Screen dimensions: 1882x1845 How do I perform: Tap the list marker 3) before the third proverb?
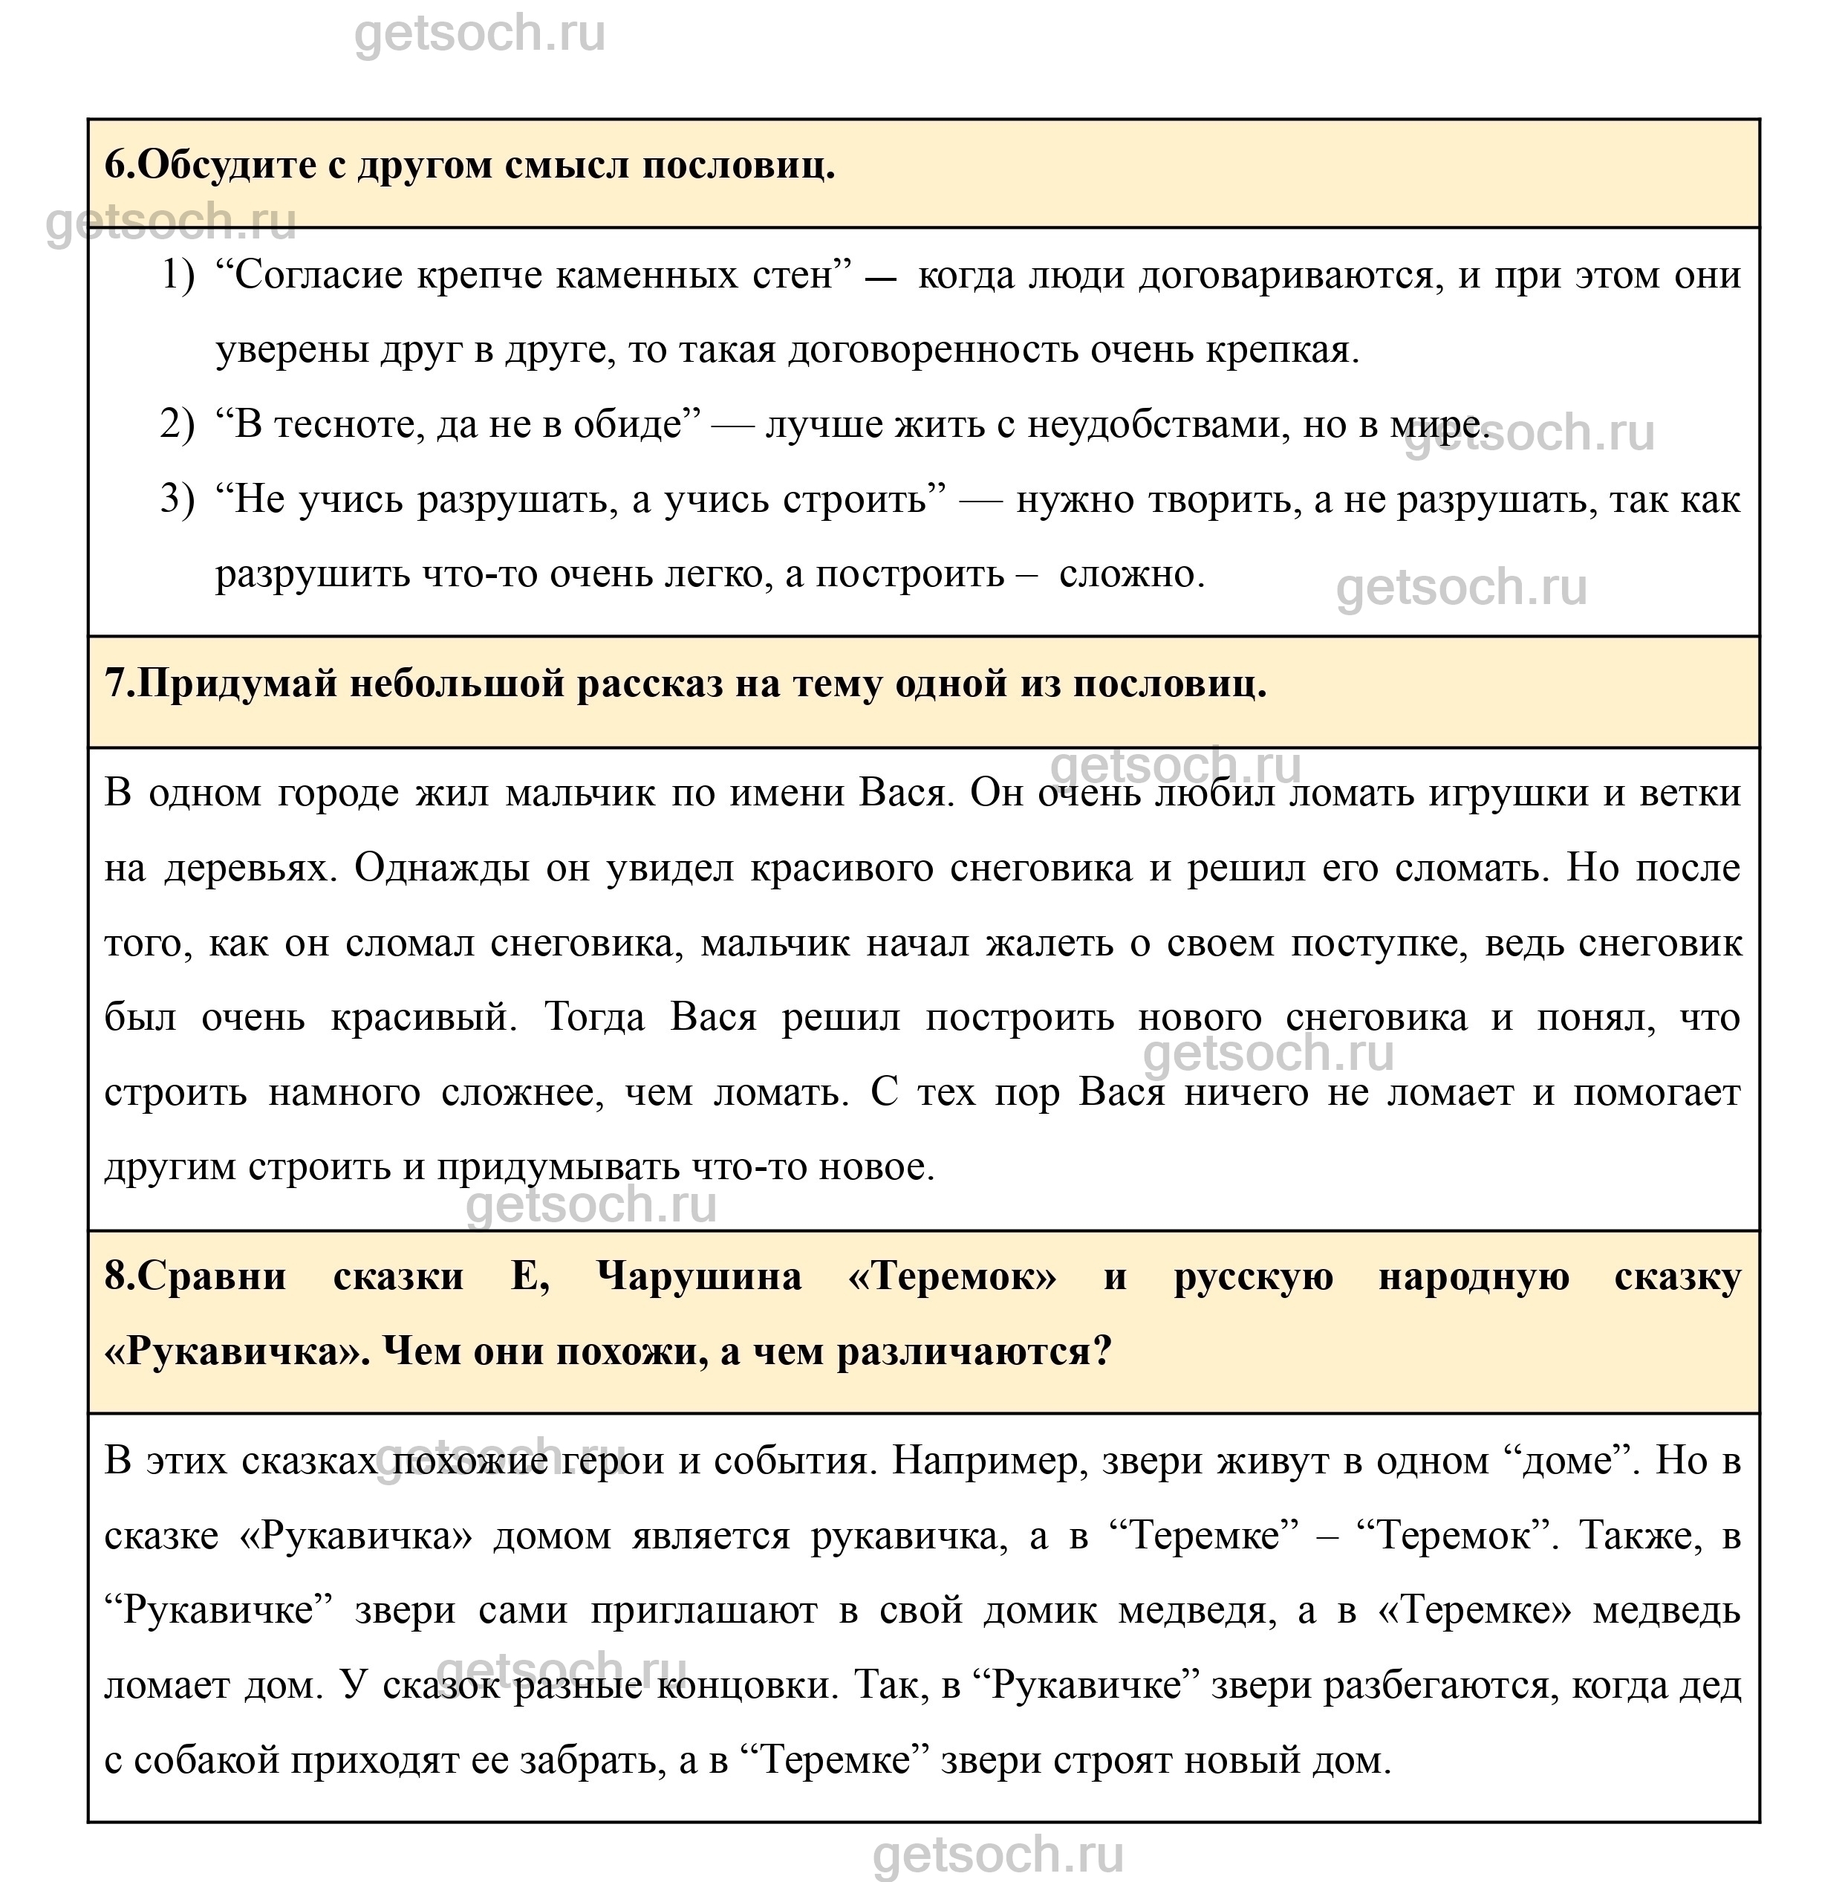pyautogui.click(x=176, y=499)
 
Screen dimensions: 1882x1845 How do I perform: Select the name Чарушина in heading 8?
pyautogui.click(x=699, y=1276)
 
